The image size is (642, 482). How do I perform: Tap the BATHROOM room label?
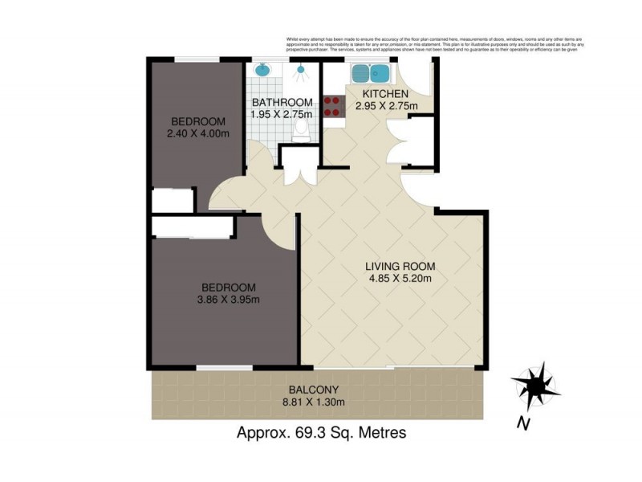282,103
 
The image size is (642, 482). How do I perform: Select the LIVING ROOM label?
400,267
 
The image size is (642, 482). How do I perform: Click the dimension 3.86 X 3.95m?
229,300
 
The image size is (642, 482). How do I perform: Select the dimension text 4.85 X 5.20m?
400,280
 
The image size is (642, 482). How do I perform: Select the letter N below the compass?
522,423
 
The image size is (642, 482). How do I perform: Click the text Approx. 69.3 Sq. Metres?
321,433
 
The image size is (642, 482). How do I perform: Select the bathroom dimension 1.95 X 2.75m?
282,115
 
